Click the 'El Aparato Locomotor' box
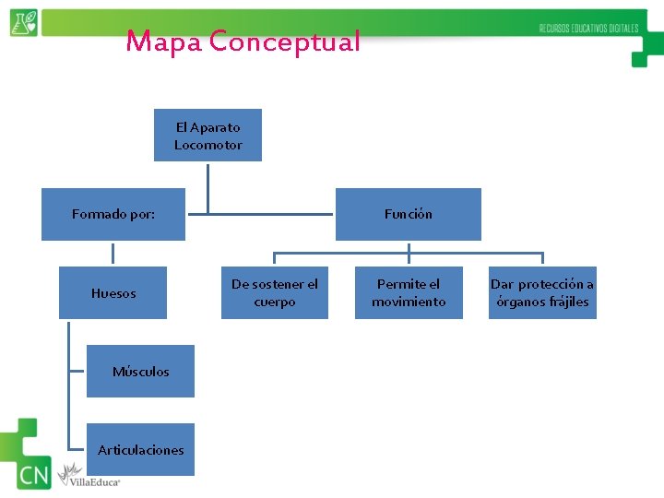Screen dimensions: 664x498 pyautogui.click(x=207, y=136)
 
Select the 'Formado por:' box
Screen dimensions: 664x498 pyautogui.click(x=113, y=214)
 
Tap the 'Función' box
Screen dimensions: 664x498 pyautogui.click(x=408, y=214)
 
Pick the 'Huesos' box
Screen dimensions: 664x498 pyautogui.click(x=113, y=293)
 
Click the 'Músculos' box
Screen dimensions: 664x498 pyautogui.click(x=140, y=371)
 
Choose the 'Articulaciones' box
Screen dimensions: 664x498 pyautogui.click(x=140, y=449)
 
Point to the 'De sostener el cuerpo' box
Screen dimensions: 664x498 pyautogui.click(x=275, y=292)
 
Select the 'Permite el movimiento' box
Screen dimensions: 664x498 pyautogui.click(x=409, y=292)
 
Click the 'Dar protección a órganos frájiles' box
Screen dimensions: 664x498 pyautogui.click(x=542, y=292)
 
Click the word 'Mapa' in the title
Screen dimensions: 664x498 pyautogui.click(x=163, y=41)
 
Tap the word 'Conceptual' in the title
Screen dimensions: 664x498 pyautogui.click(x=285, y=41)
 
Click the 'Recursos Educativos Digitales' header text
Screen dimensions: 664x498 pyautogui.click(x=588, y=29)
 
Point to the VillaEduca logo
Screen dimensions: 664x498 pyautogui.click(x=89, y=476)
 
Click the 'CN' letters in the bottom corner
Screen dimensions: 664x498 pyautogui.click(x=33, y=476)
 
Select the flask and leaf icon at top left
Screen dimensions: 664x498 pyautogui.click(x=24, y=23)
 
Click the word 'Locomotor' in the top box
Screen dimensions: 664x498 pyautogui.click(x=208, y=145)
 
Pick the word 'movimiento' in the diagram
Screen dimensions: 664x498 pyautogui.click(x=409, y=302)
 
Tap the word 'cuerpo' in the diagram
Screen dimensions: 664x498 pyautogui.click(x=275, y=302)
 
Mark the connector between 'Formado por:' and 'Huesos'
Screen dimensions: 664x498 pyautogui.click(x=113, y=254)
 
